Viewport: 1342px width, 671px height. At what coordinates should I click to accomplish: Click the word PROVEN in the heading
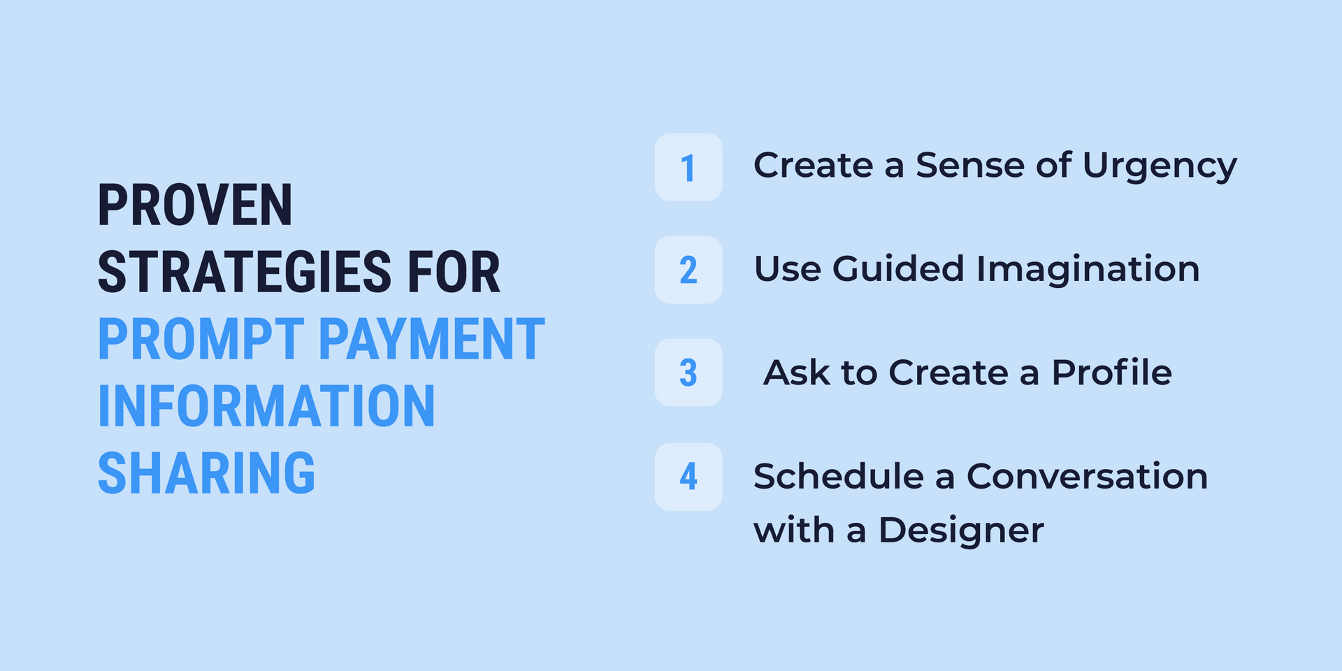tap(195, 205)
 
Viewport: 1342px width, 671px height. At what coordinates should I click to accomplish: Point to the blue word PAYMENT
tap(431, 340)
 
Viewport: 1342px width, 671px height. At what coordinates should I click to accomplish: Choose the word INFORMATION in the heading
tap(266, 407)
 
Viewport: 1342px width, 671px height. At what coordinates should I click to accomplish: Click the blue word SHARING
tap(206, 474)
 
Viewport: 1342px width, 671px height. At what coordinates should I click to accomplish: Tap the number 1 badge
tap(688, 168)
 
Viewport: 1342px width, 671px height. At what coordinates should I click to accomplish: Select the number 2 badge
tap(688, 270)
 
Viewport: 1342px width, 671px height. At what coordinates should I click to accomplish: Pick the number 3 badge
tap(688, 373)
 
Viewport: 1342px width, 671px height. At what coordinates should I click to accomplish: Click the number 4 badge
tap(688, 477)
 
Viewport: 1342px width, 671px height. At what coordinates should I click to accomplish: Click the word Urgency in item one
tap(1160, 167)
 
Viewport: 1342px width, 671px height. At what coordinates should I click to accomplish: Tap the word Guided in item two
tap(898, 269)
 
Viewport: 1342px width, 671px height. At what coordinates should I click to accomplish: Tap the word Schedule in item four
tap(839, 477)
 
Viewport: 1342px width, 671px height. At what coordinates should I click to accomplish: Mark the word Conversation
tap(1087, 477)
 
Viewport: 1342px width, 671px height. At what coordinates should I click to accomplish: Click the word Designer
tap(961, 531)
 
